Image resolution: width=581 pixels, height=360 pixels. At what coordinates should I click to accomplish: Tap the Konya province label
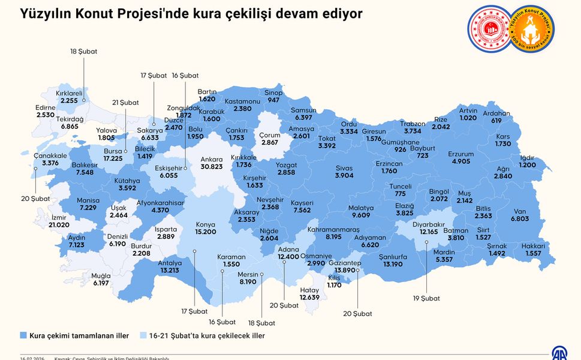coord(205,224)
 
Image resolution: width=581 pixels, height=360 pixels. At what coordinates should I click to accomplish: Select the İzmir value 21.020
coord(59,224)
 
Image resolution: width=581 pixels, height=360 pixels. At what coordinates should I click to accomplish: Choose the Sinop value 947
coord(274,100)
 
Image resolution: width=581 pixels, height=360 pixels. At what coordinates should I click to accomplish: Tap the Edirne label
coord(46,107)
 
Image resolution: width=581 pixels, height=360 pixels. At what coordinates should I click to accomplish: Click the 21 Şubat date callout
coord(125,103)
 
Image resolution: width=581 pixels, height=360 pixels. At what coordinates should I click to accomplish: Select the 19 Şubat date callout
coord(426,298)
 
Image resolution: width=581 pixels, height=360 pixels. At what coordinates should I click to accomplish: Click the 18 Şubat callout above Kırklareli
coord(83,52)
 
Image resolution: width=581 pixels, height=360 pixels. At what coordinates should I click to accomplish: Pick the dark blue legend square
coord(24,335)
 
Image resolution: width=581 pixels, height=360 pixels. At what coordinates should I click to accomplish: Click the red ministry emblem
coord(489,29)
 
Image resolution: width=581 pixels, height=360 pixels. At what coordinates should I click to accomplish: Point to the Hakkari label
coord(532,246)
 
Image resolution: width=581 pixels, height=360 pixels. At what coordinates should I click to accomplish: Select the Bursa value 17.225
coord(113,159)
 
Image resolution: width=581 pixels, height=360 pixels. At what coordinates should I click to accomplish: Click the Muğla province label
coord(101,275)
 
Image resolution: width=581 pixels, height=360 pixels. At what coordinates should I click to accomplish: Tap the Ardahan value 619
coord(496,121)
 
